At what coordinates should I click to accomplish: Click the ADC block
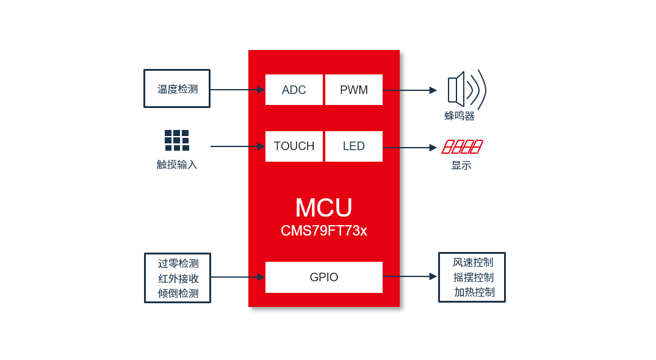(x=294, y=90)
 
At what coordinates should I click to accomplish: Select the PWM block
(x=354, y=90)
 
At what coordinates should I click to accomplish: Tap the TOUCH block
(x=294, y=146)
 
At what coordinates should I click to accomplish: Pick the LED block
(x=354, y=146)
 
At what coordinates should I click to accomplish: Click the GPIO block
(x=324, y=277)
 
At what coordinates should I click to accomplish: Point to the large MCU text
(x=323, y=207)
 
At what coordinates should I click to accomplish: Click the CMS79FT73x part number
(x=323, y=231)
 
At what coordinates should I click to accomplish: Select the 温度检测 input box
(x=177, y=88)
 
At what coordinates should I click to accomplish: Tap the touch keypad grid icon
(x=177, y=140)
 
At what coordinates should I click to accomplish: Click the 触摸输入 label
(x=177, y=165)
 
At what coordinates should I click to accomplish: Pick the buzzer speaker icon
(x=466, y=90)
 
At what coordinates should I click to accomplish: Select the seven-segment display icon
(x=462, y=146)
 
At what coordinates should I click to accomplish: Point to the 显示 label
(x=461, y=165)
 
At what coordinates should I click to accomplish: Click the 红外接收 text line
(x=178, y=278)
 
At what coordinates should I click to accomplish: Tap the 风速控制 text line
(x=473, y=262)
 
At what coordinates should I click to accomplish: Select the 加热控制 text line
(x=474, y=292)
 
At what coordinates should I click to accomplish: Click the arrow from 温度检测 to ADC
(x=237, y=90)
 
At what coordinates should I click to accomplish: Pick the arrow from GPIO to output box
(x=410, y=276)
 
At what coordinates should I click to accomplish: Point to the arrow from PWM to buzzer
(x=410, y=90)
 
